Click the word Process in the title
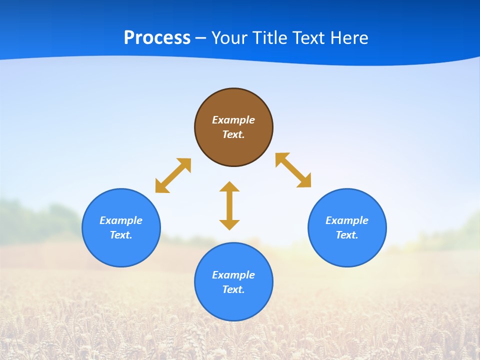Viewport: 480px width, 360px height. click(x=157, y=38)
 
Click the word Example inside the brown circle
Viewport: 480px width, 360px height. click(x=233, y=120)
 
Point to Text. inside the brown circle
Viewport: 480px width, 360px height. click(x=233, y=134)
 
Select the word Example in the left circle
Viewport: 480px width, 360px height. click(x=121, y=220)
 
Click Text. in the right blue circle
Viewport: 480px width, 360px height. click(x=347, y=235)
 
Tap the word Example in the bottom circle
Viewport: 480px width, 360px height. click(x=233, y=275)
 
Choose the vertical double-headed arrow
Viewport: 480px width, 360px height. click(x=229, y=206)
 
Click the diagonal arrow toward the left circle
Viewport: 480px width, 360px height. click(x=173, y=175)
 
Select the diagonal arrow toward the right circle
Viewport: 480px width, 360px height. click(x=293, y=170)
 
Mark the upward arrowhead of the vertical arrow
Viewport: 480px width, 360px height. click(x=229, y=186)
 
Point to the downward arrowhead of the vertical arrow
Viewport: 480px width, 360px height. click(x=229, y=224)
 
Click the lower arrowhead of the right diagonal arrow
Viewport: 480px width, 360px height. click(x=305, y=181)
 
